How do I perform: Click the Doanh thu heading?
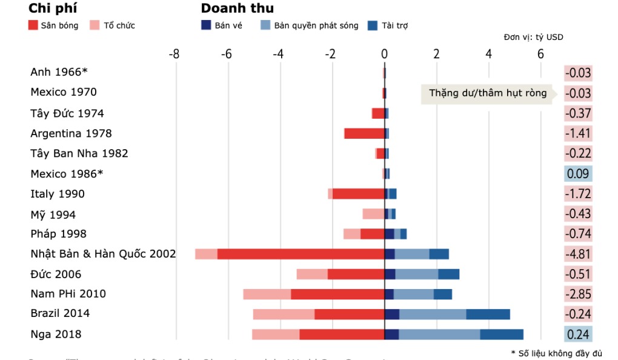pyautogui.click(x=237, y=8)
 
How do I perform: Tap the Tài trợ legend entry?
pyautogui.click(x=389, y=25)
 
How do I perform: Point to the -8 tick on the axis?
pyautogui.click(x=174, y=54)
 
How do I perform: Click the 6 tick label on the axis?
pyautogui.click(x=541, y=54)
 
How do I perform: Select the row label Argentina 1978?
pyautogui.click(x=71, y=133)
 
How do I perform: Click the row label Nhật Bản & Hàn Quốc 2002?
pyautogui.click(x=103, y=254)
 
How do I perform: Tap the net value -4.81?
pyautogui.click(x=578, y=254)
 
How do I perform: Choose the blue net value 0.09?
pyautogui.click(x=578, y=174)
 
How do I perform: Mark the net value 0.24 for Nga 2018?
pyautogui.click(x=578, y=334)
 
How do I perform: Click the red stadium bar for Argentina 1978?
pyautogui.click(x=364, y=133)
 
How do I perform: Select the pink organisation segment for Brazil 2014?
pyautogui.click(x=284, y=314)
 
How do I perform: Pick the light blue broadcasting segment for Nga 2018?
pyautogui.click(x=439, y=334)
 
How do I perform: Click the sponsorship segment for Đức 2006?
pyautogui.click(x=448, y=274)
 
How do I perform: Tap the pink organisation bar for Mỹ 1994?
pyautogui.click(x=373, y=214)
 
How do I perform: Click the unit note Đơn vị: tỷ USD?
pyautogui.click(x=533, y=38)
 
